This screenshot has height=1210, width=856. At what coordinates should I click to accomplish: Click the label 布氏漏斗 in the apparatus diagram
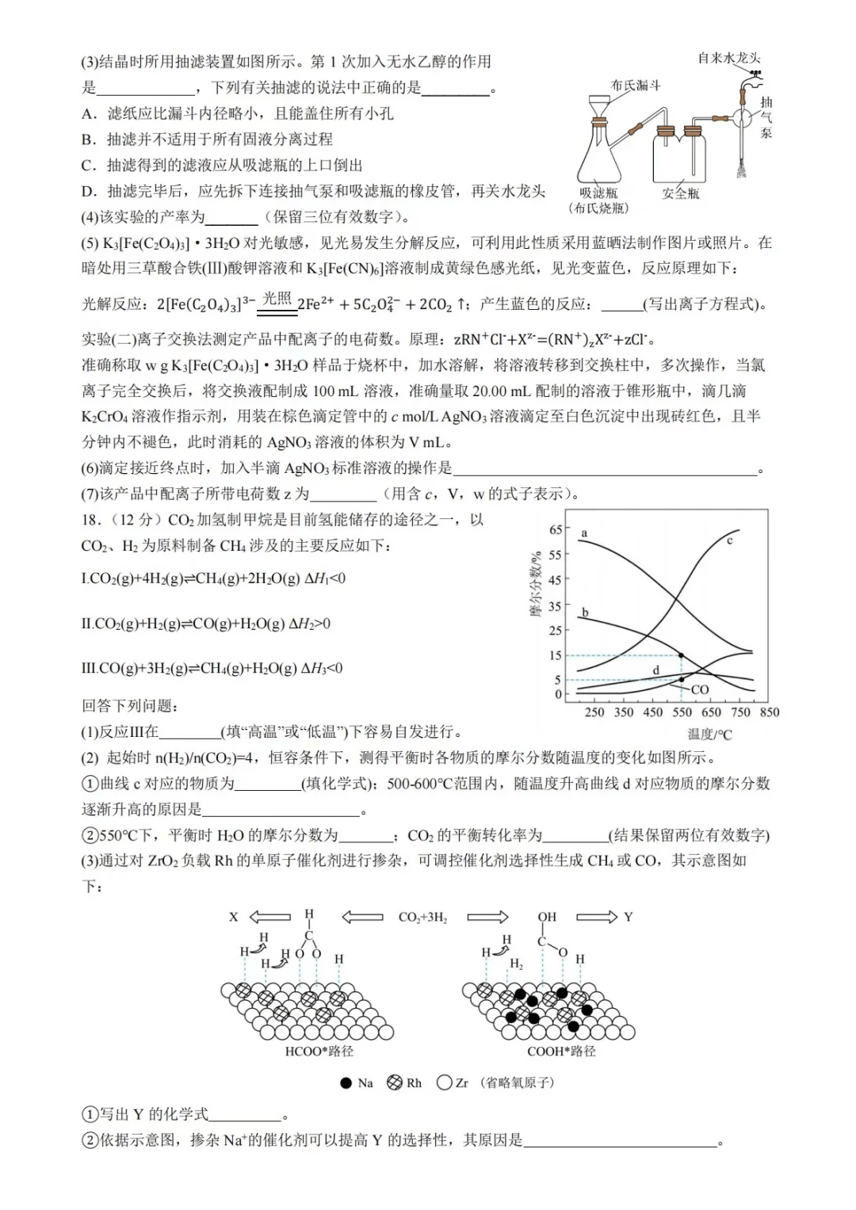click(636, 85)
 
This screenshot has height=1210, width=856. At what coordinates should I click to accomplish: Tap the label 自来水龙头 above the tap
click(728, 58)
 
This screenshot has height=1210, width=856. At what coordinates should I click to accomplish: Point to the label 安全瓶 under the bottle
click(681, 193)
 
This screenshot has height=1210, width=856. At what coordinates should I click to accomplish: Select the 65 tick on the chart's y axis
click(555, 529)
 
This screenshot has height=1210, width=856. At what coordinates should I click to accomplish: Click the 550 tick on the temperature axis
click(682, 712)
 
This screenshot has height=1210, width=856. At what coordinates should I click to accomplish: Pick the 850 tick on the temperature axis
click(769, 712)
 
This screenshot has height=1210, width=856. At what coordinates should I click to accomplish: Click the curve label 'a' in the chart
click(584, 533)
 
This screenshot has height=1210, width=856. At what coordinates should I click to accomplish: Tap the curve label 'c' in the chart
click(730, 540)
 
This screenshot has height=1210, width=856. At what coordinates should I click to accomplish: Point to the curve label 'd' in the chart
click(655, 670)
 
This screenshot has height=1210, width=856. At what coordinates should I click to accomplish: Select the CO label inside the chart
click(699, 690)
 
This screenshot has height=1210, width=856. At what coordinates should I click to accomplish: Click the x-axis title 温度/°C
click(709, 735)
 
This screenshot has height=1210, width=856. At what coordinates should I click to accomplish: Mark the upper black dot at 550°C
click(682, 655)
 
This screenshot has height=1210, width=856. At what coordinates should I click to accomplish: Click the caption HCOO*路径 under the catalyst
click(319, 1052)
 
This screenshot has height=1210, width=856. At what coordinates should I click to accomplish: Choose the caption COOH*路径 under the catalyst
click(561, 1052)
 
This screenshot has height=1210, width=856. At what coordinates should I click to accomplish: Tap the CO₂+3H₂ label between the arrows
click(422, 918)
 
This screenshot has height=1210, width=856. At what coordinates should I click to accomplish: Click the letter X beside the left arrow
click(234, 917)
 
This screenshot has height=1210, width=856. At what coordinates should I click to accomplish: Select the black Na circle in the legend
click(346, 1083)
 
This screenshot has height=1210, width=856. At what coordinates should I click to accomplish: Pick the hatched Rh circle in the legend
click(395, 1083)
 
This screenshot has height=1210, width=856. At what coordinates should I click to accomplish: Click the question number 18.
click(92, 520)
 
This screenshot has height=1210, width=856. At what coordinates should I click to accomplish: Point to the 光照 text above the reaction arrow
click(277, 298)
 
